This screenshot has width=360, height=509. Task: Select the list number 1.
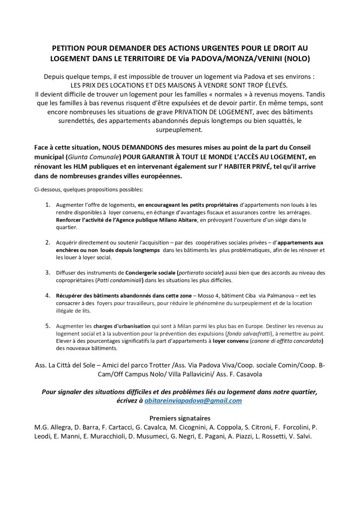[48, 204]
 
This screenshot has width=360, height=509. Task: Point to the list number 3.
[48, 272]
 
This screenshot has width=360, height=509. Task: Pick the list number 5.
[48, 326]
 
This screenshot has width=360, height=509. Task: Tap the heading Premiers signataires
[180, 418]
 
